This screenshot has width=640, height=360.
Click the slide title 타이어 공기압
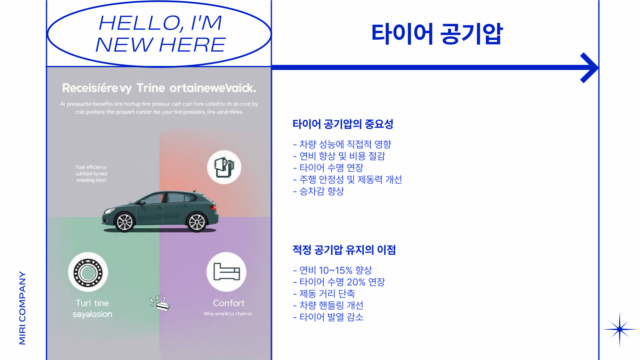coord(436,34)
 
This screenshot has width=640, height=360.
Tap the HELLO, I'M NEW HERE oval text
coord(160,34)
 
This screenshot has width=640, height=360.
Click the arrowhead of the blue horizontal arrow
coord(590,68)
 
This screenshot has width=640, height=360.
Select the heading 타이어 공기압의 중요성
coord(343,124)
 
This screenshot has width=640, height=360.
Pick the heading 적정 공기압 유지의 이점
coord(344,250)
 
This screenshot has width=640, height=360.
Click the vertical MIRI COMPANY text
coord(22,308)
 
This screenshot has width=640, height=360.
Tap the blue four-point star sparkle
coord(619,329)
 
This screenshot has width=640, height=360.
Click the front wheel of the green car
coord(125,222)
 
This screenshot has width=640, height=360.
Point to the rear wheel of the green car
coord(197,222)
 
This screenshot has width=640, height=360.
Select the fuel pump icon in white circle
coord(224,167)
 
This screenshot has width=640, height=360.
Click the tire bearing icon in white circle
coord(88,272)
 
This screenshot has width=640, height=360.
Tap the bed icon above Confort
coord(227,272)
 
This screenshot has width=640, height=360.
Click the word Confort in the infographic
coord(229,303)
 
